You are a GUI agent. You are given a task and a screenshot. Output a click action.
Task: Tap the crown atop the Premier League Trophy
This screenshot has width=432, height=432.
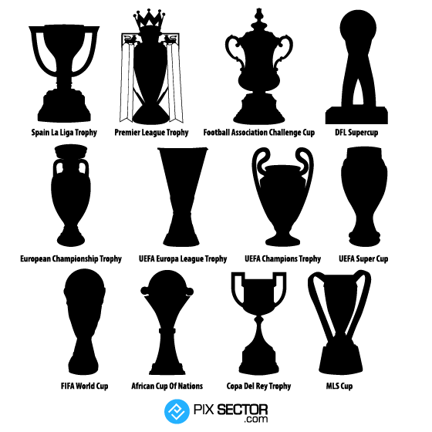tap(149, 21)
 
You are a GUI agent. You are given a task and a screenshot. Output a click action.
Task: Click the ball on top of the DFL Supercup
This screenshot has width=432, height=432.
tap(358, 28)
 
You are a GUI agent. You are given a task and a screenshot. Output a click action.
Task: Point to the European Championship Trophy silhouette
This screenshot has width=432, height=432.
tap(71, 193)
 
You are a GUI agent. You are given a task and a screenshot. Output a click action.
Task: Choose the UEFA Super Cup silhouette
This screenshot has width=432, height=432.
tap(364, 193)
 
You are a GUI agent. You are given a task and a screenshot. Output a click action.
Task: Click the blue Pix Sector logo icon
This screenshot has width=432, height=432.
tap(177, 412)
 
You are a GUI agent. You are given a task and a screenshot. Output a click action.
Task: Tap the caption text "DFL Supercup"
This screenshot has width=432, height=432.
tap(356, 133)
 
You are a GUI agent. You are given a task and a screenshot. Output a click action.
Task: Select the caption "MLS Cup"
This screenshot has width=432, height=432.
tap(339, 386)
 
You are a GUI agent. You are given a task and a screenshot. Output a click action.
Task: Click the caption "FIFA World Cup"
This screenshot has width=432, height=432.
tap(84, 386)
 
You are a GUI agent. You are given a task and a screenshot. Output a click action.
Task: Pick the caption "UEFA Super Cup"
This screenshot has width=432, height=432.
tap(363, 258)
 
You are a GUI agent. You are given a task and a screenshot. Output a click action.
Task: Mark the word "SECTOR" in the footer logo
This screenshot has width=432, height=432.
tap(242, 410)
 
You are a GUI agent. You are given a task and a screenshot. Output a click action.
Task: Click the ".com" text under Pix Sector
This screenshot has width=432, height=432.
tap(255, 420)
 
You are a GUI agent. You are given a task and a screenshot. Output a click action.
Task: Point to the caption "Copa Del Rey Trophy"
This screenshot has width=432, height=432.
tap(258, 386)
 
